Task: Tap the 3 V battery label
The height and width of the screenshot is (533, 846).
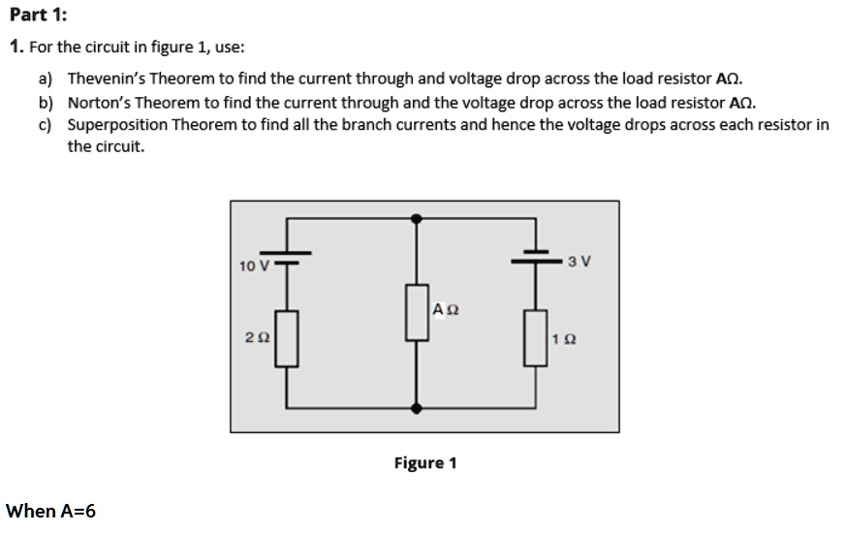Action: tap(580, 261)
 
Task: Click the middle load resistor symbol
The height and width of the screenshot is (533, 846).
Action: tap(417, 311)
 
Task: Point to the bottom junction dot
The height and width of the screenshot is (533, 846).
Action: tap(417, 408)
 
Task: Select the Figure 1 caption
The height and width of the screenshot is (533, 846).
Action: tap(424, 463)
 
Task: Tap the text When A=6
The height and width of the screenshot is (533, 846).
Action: tap(51, 511)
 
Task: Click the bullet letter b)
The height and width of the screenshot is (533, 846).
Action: tap(46, 103)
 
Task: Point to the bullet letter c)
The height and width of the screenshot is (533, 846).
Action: tap(46, 125)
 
